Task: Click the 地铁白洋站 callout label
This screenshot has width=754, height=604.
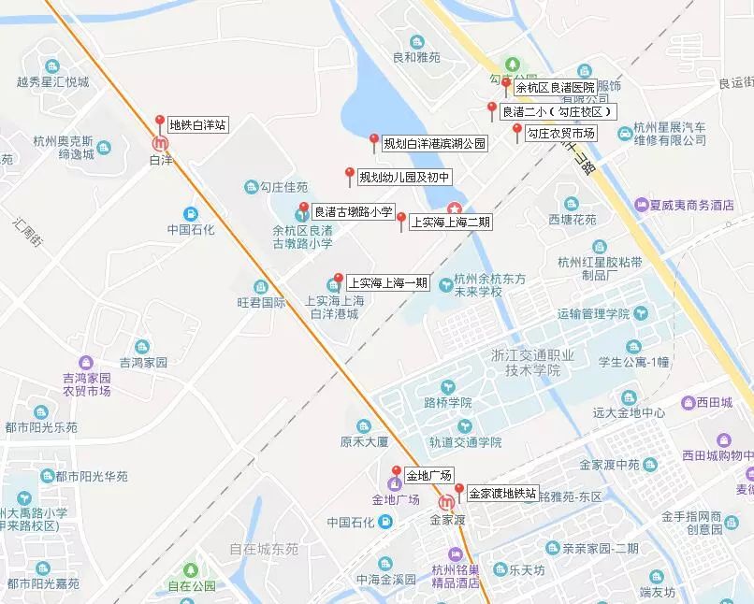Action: [x=197, y=125]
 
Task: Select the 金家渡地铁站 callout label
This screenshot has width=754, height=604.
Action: [x=502, y=494]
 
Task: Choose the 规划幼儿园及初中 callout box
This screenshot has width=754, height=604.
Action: [x=405, y=177]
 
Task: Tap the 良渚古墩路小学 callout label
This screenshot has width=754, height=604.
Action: [x=353, y=212]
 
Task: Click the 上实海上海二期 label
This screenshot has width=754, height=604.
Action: [x=449, y=223]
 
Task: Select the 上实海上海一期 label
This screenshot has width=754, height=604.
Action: [x=388, y=282]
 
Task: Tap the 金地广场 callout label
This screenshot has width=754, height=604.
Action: [x=428, y=475]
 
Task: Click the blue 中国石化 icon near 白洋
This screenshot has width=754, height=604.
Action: [x=191, y=213]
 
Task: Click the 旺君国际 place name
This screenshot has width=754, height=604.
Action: [x=261, y=302]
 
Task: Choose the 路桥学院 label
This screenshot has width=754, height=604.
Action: [x=448, y=403]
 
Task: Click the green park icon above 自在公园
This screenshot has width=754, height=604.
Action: [x=191, y=569]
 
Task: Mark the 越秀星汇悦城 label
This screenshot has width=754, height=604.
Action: [x=52, y=82]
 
